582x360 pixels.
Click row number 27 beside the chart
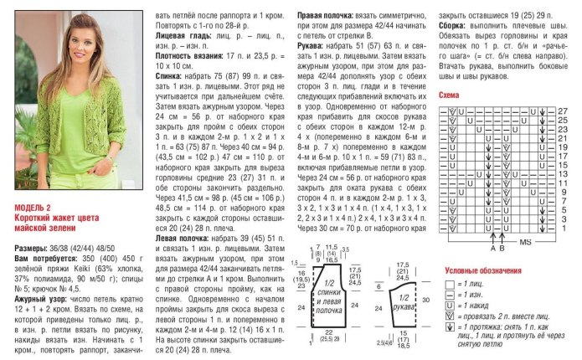coord(563,111)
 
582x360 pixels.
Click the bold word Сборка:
coord(454,27)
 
